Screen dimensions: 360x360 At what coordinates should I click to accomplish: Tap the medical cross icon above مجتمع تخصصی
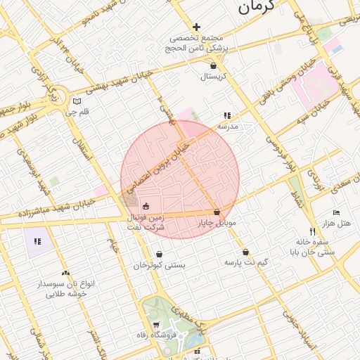pyautogui.click(x=196, y=27)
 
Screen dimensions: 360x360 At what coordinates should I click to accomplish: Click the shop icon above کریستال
pyautogui.click(x=213, y=65)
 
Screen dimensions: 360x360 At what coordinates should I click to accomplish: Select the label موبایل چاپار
pyautogui.click(x=217, y=222)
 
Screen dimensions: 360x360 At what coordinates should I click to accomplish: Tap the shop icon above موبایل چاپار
pyautogui.click(x=216, y=212)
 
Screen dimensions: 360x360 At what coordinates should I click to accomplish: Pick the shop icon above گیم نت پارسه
pyautogui.click(x=245, y=252)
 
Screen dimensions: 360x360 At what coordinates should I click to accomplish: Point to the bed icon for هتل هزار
pyautogui.click(x=336, y=212)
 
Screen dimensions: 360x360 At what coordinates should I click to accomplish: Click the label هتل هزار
pyautogui.click(x=335, y=223)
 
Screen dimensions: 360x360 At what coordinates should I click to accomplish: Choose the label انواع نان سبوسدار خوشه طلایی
pyautogui.click(x=66, y=288)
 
